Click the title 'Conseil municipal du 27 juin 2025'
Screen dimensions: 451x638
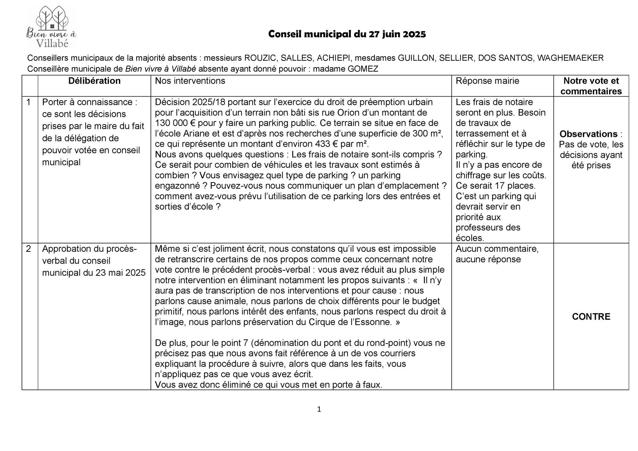click(x=347, y=34)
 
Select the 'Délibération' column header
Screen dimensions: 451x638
click(x=94, y=81)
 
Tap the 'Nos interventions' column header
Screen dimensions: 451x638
click(x=190, y=81)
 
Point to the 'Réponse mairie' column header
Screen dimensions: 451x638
click(x=487, y=81)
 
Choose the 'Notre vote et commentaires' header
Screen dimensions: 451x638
click(x=591, y=86)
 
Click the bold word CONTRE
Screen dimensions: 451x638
click(x=591, y=316)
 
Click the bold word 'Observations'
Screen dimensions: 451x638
click(x=588, y=134)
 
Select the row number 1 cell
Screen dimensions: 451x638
click(x=29, y=102)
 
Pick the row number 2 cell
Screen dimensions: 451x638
click(x=29, y=249)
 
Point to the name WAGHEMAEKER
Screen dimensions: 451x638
click(x=570, y=58)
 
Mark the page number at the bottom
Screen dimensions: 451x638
click(x=319, y=409)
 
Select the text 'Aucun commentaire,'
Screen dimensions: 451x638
click(x=497, y=249)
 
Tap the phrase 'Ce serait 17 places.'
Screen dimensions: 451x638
click(x=495, y=186)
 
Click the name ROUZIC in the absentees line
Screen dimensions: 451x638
click(x=260, y=58)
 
